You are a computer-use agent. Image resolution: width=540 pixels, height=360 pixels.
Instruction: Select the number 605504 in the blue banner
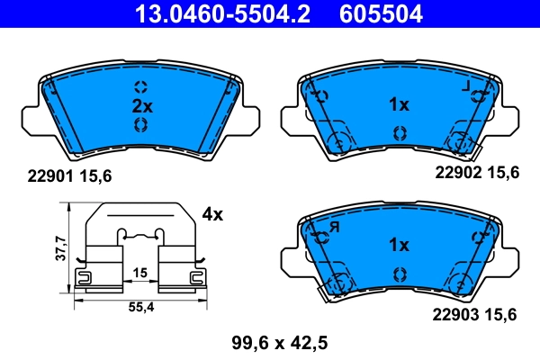(x=380, y=13)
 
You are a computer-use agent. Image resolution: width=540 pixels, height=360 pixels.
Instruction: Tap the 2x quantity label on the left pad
(x=142, y=105)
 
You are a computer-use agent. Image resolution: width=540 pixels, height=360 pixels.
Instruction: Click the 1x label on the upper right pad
(x=399, y=105)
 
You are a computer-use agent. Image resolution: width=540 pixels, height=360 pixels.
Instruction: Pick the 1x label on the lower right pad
(x=399, y=245)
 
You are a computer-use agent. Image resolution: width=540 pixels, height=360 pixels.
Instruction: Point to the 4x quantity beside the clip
(x=212, y=214)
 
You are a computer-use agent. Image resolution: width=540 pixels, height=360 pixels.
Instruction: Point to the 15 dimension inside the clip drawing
(x=139, y=272)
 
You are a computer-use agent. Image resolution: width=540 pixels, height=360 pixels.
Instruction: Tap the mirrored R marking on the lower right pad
(x=332, y=227)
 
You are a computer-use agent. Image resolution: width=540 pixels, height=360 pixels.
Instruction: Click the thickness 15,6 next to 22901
(x=95, y=177)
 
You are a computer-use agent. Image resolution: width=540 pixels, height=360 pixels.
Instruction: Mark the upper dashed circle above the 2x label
(x=141, y=86)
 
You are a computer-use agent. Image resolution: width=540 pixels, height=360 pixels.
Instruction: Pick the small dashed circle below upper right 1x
(x=398, y=131)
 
